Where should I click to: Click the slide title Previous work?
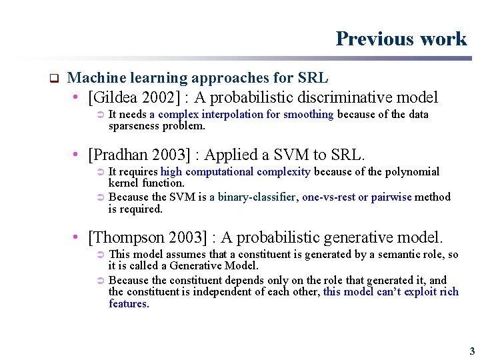tap(401, 39)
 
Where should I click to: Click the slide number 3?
tap(472, 351)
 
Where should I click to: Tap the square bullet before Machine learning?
tap(55, 77)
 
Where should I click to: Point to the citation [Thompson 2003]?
tap(149, 237)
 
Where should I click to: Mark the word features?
tap(128, 303)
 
